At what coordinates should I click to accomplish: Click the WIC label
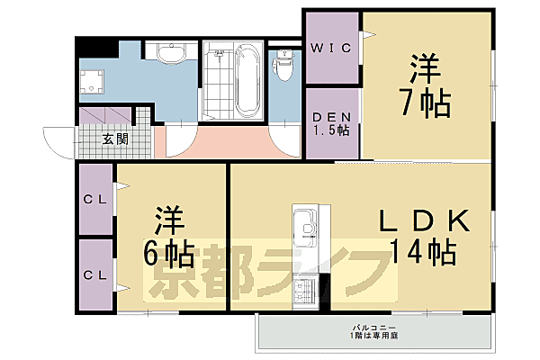(331, 47)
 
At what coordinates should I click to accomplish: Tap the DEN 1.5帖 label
(331, 124)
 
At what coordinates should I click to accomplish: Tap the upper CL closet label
(95, 200)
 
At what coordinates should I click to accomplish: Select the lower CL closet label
(95, 274)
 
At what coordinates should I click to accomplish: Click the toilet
(284, 65)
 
